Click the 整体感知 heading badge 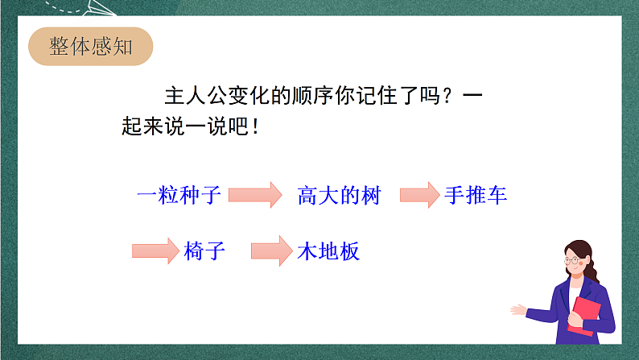pyautogui.click(x=91, y=48)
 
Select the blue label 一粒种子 pyautogui.click(x=179, y=195)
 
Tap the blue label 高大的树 pyautogui.click(x=338, y=195)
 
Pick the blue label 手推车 pyautogui.click(x=476, y=195)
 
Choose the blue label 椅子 pyautogui.click(x=204, y=250)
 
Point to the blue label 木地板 pyautogui.click(x=328, y=250)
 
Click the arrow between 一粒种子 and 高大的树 pyautogui.click(x=255, y=195)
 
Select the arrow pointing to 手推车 pyautogui.click(x=420, y=195)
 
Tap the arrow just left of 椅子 pyautogui.click(x=154, y=250)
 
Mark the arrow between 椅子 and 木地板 pyautogui.click(x=270, y=250)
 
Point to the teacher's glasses pyautogui.click(x=575, y=259)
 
